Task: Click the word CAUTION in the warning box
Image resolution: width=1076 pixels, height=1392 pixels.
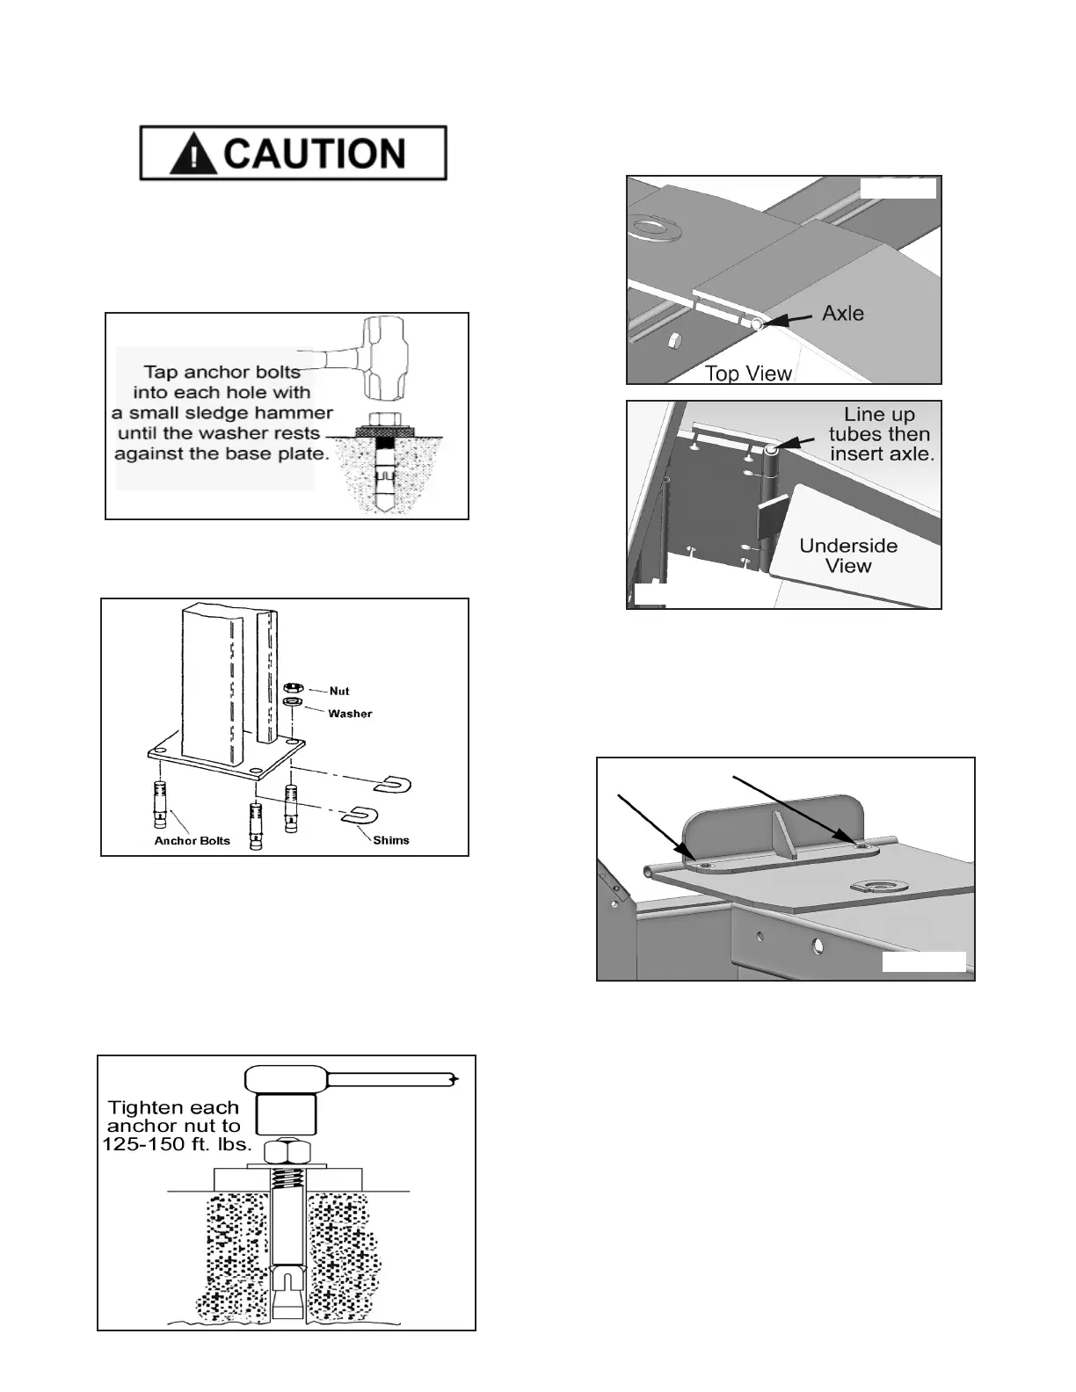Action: pos(314,154)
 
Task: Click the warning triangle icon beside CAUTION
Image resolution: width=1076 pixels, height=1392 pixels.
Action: pos(194,156)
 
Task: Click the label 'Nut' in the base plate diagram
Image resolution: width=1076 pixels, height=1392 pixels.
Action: pos(339,692)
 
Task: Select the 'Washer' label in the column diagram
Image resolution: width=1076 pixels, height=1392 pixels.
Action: pos(350,714)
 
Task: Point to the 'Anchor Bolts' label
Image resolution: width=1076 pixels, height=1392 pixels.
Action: pos(192,841)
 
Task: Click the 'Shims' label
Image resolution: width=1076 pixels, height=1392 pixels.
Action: pos(391,840)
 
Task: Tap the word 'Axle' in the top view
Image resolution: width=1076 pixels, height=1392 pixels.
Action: pos(842,314)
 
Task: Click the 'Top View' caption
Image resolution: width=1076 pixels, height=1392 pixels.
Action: pos(748,373)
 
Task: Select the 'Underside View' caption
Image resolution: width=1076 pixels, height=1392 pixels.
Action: pos(848,555)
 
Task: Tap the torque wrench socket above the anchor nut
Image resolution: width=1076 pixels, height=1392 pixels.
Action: pos(285,1113)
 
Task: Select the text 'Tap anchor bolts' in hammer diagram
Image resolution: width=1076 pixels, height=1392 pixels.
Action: pos(222,373)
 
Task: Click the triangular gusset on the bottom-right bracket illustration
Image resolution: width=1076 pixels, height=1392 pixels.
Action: pos(782,834)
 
